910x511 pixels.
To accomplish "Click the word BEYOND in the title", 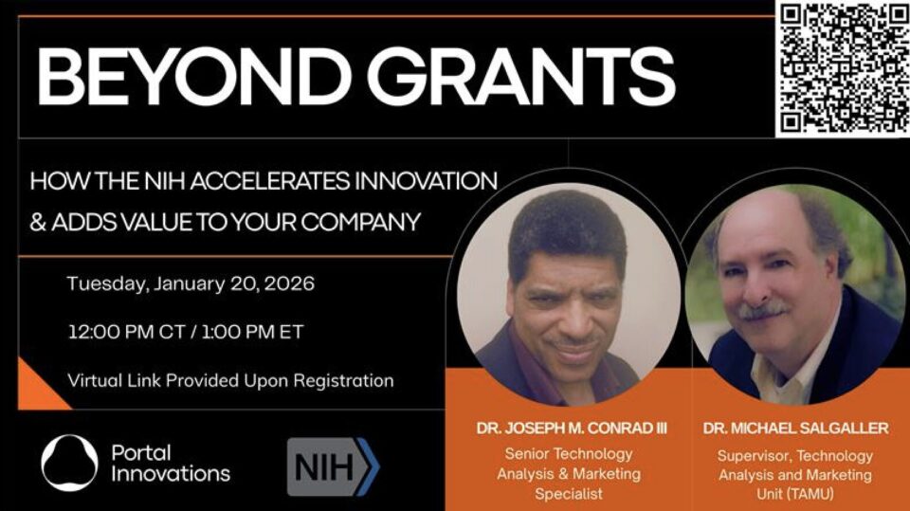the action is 193,76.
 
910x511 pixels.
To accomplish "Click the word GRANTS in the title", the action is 520,76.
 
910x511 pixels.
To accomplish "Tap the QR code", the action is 843,68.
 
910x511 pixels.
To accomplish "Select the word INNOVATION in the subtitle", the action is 426,181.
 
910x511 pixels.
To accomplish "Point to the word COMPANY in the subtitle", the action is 360,222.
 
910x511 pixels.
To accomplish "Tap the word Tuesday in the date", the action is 107,284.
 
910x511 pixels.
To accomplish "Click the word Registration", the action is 343,381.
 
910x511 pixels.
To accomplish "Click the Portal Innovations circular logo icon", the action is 69,463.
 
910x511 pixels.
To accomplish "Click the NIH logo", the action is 333,466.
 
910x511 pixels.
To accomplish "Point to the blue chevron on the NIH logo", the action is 368,466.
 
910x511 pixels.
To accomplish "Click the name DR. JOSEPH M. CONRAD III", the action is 572,429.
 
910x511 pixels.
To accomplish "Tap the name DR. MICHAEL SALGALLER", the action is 795,429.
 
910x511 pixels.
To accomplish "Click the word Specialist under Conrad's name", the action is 569,494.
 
